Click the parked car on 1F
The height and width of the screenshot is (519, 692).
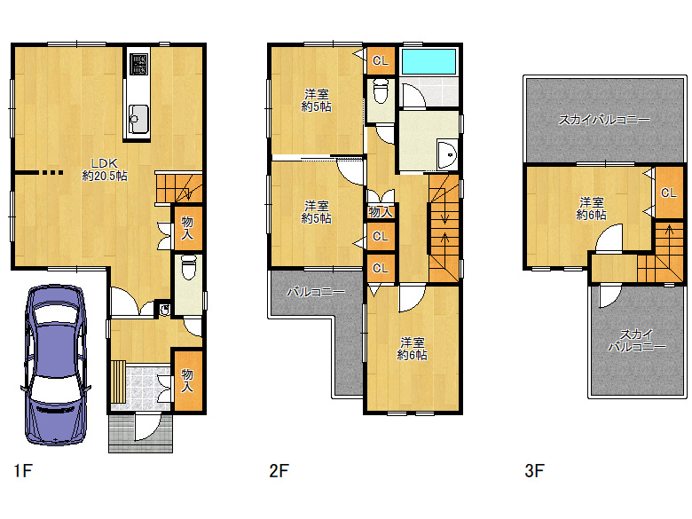tap(56, 365)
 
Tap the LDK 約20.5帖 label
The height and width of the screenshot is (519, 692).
tap(105, 169)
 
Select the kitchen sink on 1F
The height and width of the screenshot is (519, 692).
tap(138, 119)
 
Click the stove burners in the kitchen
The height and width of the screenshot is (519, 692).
tap(138, 64)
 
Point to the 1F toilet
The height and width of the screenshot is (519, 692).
tap(189, 267)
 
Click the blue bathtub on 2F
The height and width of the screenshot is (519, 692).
tap(429, 61)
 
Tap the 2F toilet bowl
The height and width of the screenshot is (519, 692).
tap(381, 90)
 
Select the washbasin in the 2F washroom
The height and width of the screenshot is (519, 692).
tap(447, 154)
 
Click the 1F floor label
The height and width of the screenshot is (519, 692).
tap(23, 470)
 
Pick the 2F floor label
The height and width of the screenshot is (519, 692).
tap(279, 470)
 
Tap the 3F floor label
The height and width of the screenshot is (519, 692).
tap(534, 470)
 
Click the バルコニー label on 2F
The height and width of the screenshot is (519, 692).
tap(316, 292)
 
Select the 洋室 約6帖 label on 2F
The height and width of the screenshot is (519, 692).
tap(413, 349)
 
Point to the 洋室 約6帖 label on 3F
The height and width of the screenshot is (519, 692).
tap(592, 208)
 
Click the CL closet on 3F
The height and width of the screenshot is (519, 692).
tap(669, 193)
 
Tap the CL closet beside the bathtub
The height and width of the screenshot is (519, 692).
tap(381, 60)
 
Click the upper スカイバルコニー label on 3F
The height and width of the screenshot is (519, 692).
tap(604, 120)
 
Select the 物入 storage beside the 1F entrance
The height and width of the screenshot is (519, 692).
tap(187, 381)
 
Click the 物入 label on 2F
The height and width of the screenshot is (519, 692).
tap(381, 212)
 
